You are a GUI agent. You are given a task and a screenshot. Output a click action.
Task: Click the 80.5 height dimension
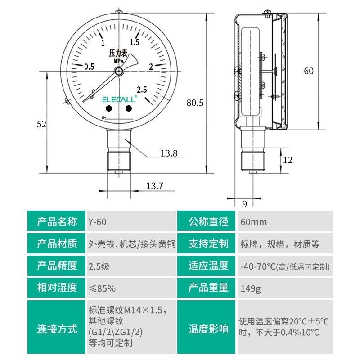click(195, 103)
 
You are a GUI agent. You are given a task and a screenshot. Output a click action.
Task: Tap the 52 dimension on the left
click(42, 125)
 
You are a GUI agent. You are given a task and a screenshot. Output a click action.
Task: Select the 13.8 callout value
click(169, 154)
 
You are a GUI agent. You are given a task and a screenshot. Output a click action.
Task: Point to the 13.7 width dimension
click(154, 186)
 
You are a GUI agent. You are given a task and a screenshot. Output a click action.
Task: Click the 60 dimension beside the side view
click(309, 71)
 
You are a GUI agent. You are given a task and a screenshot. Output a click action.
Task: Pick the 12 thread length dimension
click(288, 160)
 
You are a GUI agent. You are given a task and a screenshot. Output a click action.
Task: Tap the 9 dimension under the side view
click(245, 204)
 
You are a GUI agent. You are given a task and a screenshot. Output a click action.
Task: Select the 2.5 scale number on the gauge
click(143, 89)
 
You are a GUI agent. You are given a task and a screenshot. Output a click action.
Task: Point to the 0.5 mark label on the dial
click(89, 67)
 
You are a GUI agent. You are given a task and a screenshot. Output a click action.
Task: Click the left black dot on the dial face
click(109, 108)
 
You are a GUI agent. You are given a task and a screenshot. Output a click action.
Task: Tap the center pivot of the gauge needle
click(119, 71)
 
